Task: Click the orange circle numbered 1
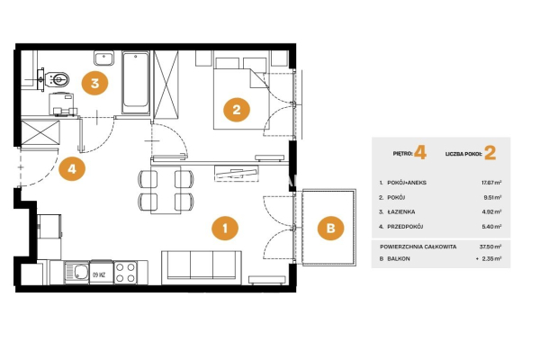point(225,228)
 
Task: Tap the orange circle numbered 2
point(237,110)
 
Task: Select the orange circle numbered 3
point(94,83)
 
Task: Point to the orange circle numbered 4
point(72,168)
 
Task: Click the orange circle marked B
point(330,228)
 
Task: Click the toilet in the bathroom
point(58,79)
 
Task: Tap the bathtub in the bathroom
point(136,83)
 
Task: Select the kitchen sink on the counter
point(76,273)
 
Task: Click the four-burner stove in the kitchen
point(125,273)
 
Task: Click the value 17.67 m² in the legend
point(491,183)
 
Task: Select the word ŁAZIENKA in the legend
point(401,211)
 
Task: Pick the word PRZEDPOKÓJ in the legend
point(405,226)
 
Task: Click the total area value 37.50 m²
point(490,247)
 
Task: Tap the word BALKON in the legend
point(399,258)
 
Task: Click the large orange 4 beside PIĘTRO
point(420,153)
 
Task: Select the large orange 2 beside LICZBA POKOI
point(490,153)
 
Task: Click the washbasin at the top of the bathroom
point(103,58)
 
